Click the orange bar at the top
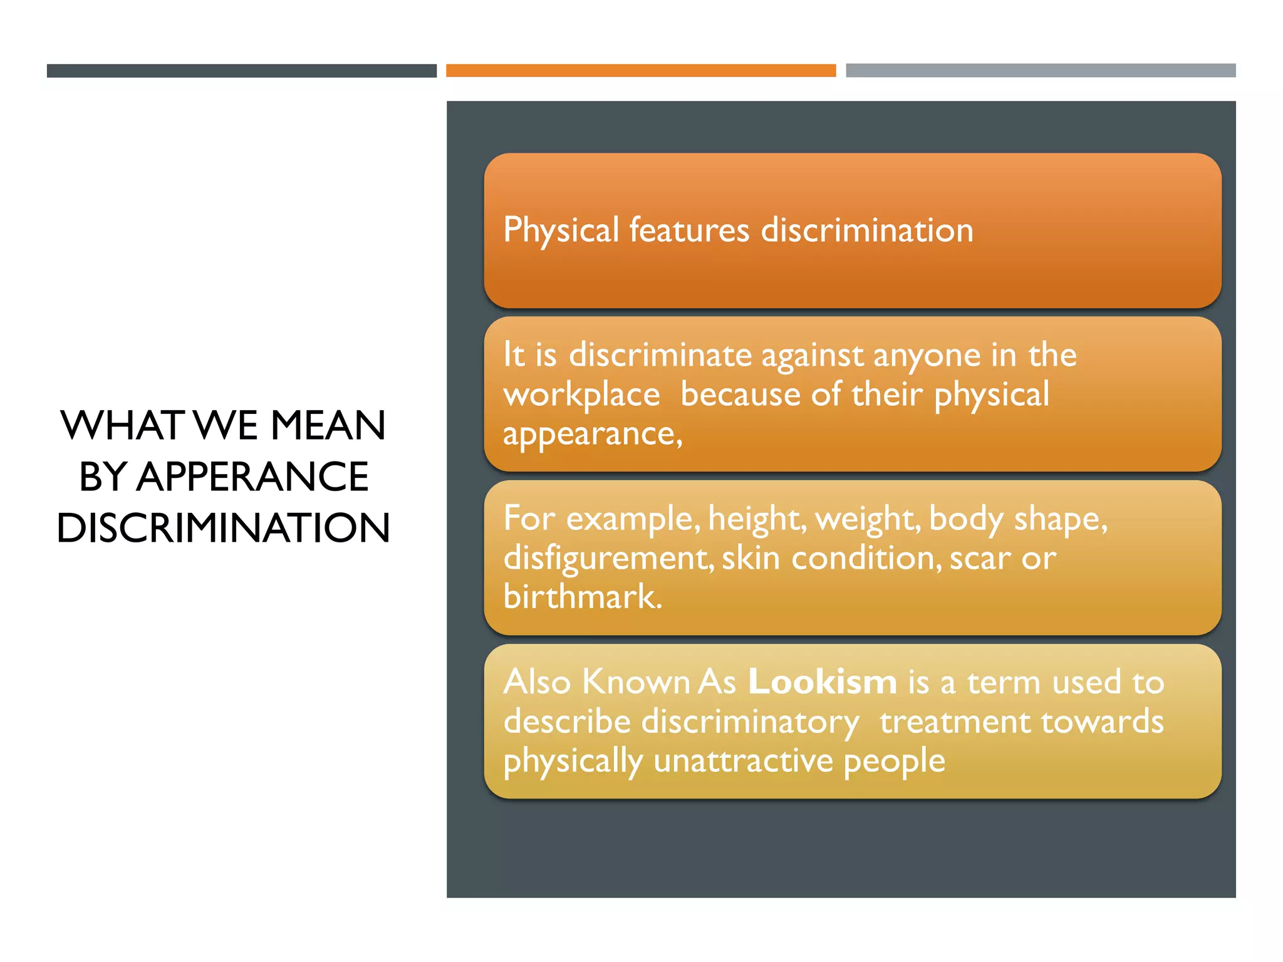click(x=641, y=70)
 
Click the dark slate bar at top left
click(x=241, y=71)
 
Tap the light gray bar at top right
click(x=1041, y=70)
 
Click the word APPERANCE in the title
click(x=252, y=477)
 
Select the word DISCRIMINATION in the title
click(x=224, y=527)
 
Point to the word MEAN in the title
click(x=328, y=425)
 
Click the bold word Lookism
click(x=822, y=681)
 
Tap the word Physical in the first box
click(x=561, y=230)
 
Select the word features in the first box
click(x=689, y=230)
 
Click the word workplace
click(x=581, y=395)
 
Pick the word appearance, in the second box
click(x=592, y=434)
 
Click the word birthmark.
click(x=583, y=596)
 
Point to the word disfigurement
click(x=608, y=558)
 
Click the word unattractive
click(x=743, y=761)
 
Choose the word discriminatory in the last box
click(x=750, y=721)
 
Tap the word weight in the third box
click(x=868, y=519)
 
